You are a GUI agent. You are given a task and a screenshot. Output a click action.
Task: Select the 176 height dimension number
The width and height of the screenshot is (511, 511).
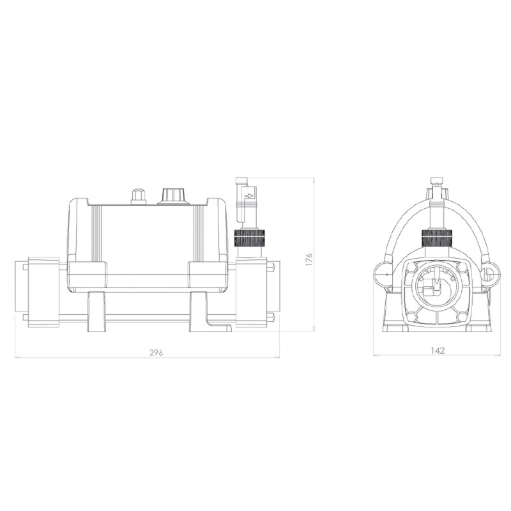[x=309, y=259]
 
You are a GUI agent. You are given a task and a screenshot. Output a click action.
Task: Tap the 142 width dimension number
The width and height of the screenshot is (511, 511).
[x=438, y=350]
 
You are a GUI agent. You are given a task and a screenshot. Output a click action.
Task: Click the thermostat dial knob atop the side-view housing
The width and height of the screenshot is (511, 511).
[x=172, y=195]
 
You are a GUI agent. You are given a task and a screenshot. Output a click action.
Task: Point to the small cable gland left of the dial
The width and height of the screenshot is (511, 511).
[x=138, y=196]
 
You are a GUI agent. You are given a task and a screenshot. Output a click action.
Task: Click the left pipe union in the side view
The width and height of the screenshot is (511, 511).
[x=42, y=291]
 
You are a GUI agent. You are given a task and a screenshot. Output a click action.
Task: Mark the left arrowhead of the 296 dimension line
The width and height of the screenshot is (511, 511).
[x=17, y=358]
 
